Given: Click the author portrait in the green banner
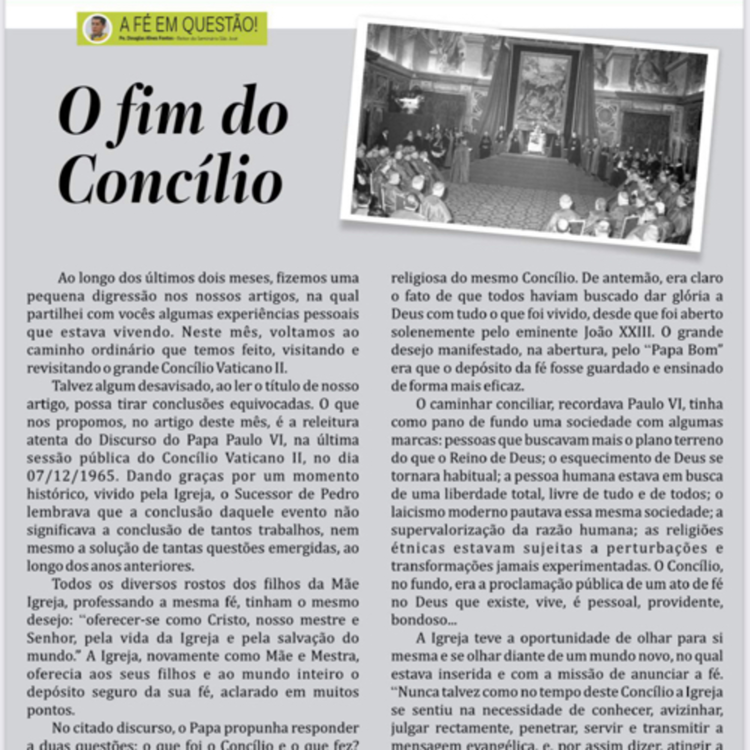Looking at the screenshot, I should (97, 28).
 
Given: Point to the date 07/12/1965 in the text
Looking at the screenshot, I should (71, 476).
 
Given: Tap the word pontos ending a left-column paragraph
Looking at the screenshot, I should (50, 710).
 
